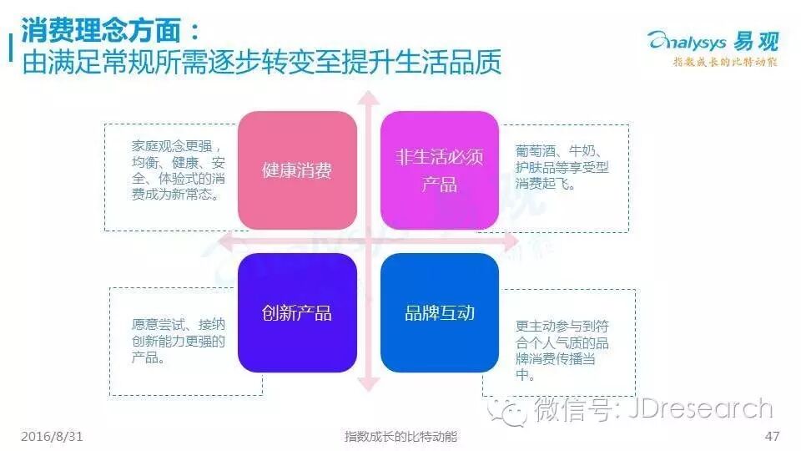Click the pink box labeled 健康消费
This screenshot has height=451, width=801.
tap(297, 170)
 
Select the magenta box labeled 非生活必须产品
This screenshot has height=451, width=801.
tap(439, 170)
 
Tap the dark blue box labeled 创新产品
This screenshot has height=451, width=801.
tap(297, 312)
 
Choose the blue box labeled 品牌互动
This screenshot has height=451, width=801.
tap(439, 312)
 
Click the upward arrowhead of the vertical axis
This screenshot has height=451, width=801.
tap(368, 99)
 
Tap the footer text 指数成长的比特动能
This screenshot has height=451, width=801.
tap(401, 437)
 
